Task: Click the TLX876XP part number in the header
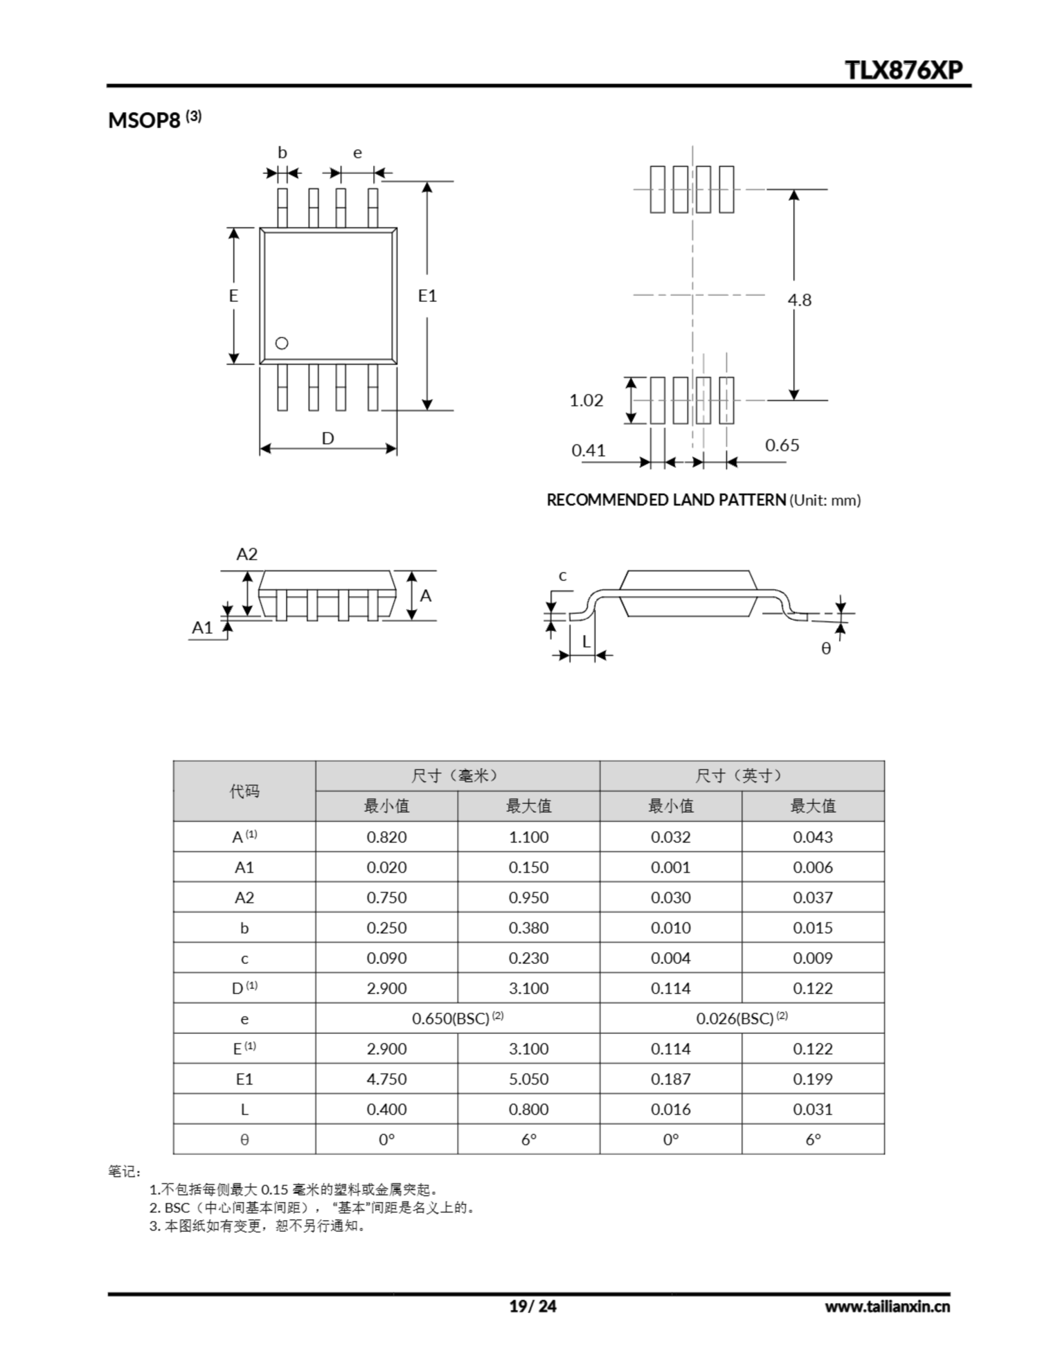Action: click(904, 70)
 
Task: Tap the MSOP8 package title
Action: click(144, 120)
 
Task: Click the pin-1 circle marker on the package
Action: click(281, 343)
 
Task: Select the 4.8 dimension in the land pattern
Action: click(799, 300)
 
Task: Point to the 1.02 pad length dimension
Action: click(586, 400)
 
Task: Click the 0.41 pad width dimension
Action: click(588, 450)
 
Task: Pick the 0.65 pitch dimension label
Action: click(781, 445)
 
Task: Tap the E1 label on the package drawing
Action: click(427, 296)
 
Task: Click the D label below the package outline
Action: click(327, 438)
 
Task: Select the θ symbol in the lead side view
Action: click(826, 648)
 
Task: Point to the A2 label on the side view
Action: click(247, 554)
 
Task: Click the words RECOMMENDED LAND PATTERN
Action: click(666, 499)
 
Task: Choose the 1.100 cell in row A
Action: click(528, 837)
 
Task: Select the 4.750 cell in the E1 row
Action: click(386, 1079)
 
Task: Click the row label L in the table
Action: click(244, 1110)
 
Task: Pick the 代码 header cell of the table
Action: click(244, 791)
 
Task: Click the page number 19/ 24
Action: click(532, 1306)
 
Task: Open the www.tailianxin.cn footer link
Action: click(887, 1306)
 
